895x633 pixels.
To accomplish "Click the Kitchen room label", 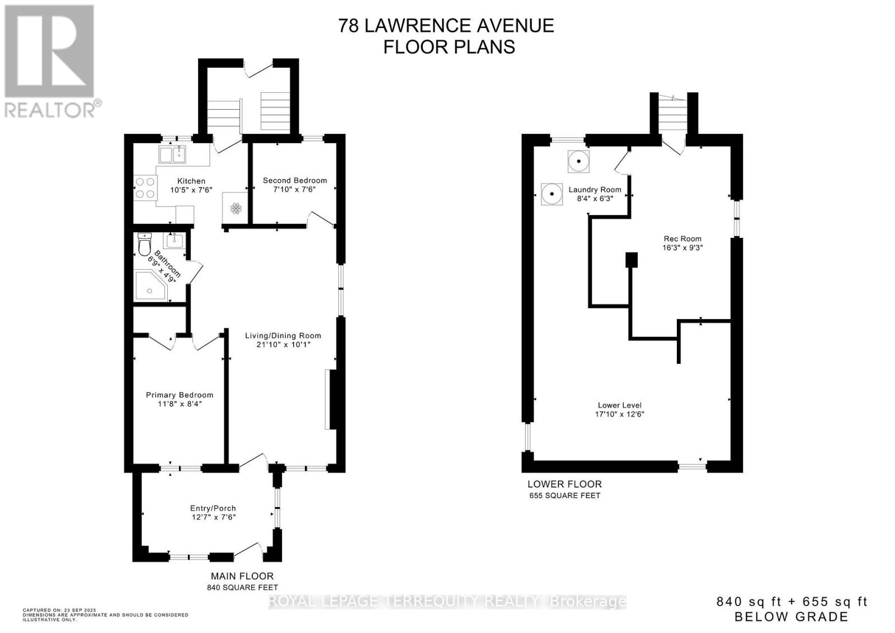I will point(191,181).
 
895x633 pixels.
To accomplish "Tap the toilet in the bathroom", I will point(145,245).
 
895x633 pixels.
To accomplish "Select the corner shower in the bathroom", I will point(150,285).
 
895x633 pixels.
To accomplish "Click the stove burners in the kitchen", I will point(145,187).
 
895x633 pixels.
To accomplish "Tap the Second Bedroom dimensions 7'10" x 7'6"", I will point(294,190).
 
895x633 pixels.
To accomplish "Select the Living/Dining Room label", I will point(283,336).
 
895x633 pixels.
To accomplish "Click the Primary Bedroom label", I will point(180,395).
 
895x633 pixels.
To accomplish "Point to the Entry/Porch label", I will point(213,508).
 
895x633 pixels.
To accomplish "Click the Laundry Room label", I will point(595,190).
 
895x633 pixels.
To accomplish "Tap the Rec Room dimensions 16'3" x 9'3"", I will point(683,247).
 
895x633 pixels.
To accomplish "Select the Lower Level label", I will point(619,405).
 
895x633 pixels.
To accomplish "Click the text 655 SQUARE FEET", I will point(564,496).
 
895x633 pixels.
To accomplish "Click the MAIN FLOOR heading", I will point(242,576).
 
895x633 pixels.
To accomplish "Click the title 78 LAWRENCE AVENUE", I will point(446,26).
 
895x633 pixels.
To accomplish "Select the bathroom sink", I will point(175,241).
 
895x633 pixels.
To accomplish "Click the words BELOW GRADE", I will point(791,617).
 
